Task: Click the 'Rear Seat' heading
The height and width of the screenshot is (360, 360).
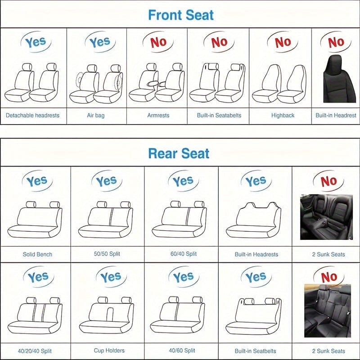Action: pos(179,153)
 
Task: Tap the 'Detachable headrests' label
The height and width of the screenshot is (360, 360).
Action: pos(32,115)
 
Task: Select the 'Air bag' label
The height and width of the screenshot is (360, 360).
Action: pos(95,115)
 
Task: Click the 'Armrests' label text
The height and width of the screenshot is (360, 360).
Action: pos(158,115)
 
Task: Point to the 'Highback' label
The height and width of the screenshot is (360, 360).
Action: pos(283,115)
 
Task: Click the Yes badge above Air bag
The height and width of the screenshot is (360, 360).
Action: pos(99,43)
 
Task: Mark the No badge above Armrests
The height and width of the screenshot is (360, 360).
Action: pos(158,42)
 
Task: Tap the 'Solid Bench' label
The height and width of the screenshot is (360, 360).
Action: pos(37,254)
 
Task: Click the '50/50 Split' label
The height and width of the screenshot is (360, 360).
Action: pos(108,254)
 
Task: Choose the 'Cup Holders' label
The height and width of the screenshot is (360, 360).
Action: pos(109,351)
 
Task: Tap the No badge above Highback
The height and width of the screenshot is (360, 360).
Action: pos(283,42)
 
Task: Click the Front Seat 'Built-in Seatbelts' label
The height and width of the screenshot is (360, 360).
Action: pos(219,115)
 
